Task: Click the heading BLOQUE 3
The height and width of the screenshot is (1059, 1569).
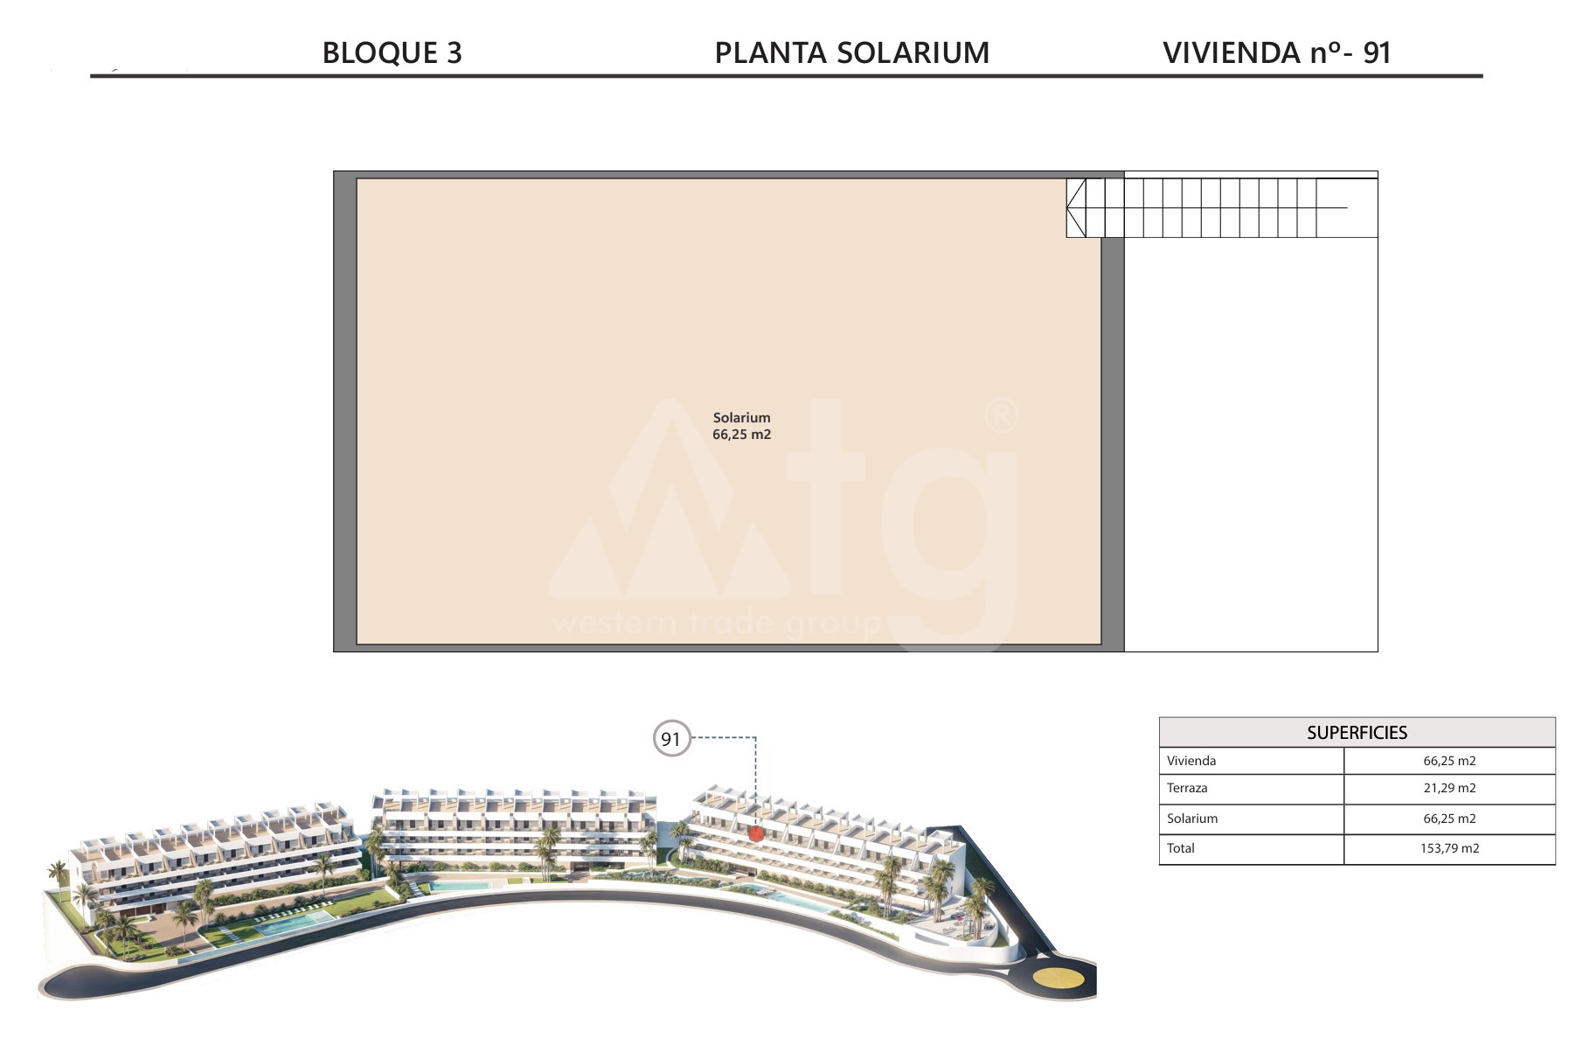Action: tap(392, 52)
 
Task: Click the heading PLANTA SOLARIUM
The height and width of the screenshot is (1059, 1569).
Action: tap(852, 52)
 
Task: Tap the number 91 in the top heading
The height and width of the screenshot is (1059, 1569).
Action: tap(1377, 52)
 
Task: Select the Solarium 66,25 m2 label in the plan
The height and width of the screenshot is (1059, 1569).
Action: tap(741, 426)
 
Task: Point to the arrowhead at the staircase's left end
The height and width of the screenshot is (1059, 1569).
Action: tap(1076, 207)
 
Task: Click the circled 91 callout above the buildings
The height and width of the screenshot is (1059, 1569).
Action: tap(671, 739)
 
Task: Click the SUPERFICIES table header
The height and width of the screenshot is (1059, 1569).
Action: tap(1357, 733)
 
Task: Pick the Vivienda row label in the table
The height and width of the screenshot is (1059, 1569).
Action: tap(1191, 761)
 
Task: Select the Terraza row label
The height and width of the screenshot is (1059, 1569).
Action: tap(1187, 788)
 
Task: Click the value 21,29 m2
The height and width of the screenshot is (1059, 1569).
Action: tap(1449, 788)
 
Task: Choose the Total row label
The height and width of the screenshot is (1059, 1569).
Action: tap(1181, 847)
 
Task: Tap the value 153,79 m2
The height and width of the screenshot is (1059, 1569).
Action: tap(1449, 847)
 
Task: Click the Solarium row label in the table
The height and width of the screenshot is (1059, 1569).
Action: tap(1192, 819)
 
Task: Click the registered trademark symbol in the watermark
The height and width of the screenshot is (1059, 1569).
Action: tap(1002, 416)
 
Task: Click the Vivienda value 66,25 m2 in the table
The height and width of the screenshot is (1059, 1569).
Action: tap(1449, 761)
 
